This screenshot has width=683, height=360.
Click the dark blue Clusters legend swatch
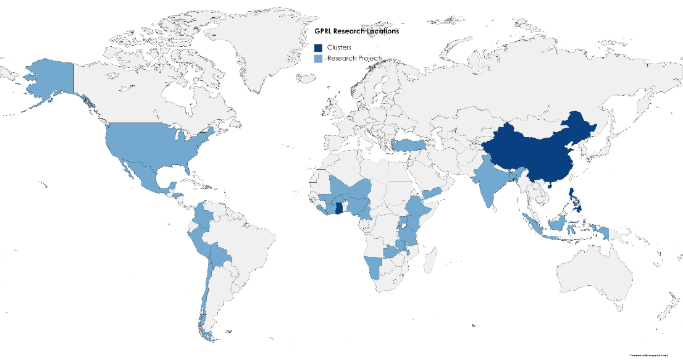pos(319,48)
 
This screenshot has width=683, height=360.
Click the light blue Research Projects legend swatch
pos(319,59)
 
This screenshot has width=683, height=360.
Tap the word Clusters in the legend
pos(339,48)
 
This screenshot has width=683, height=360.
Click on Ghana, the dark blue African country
pos(339,207)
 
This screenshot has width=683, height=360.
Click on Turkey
pos(408,145)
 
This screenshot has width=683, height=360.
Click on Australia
pos(593,272)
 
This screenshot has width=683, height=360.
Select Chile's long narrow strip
pos(204,296)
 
